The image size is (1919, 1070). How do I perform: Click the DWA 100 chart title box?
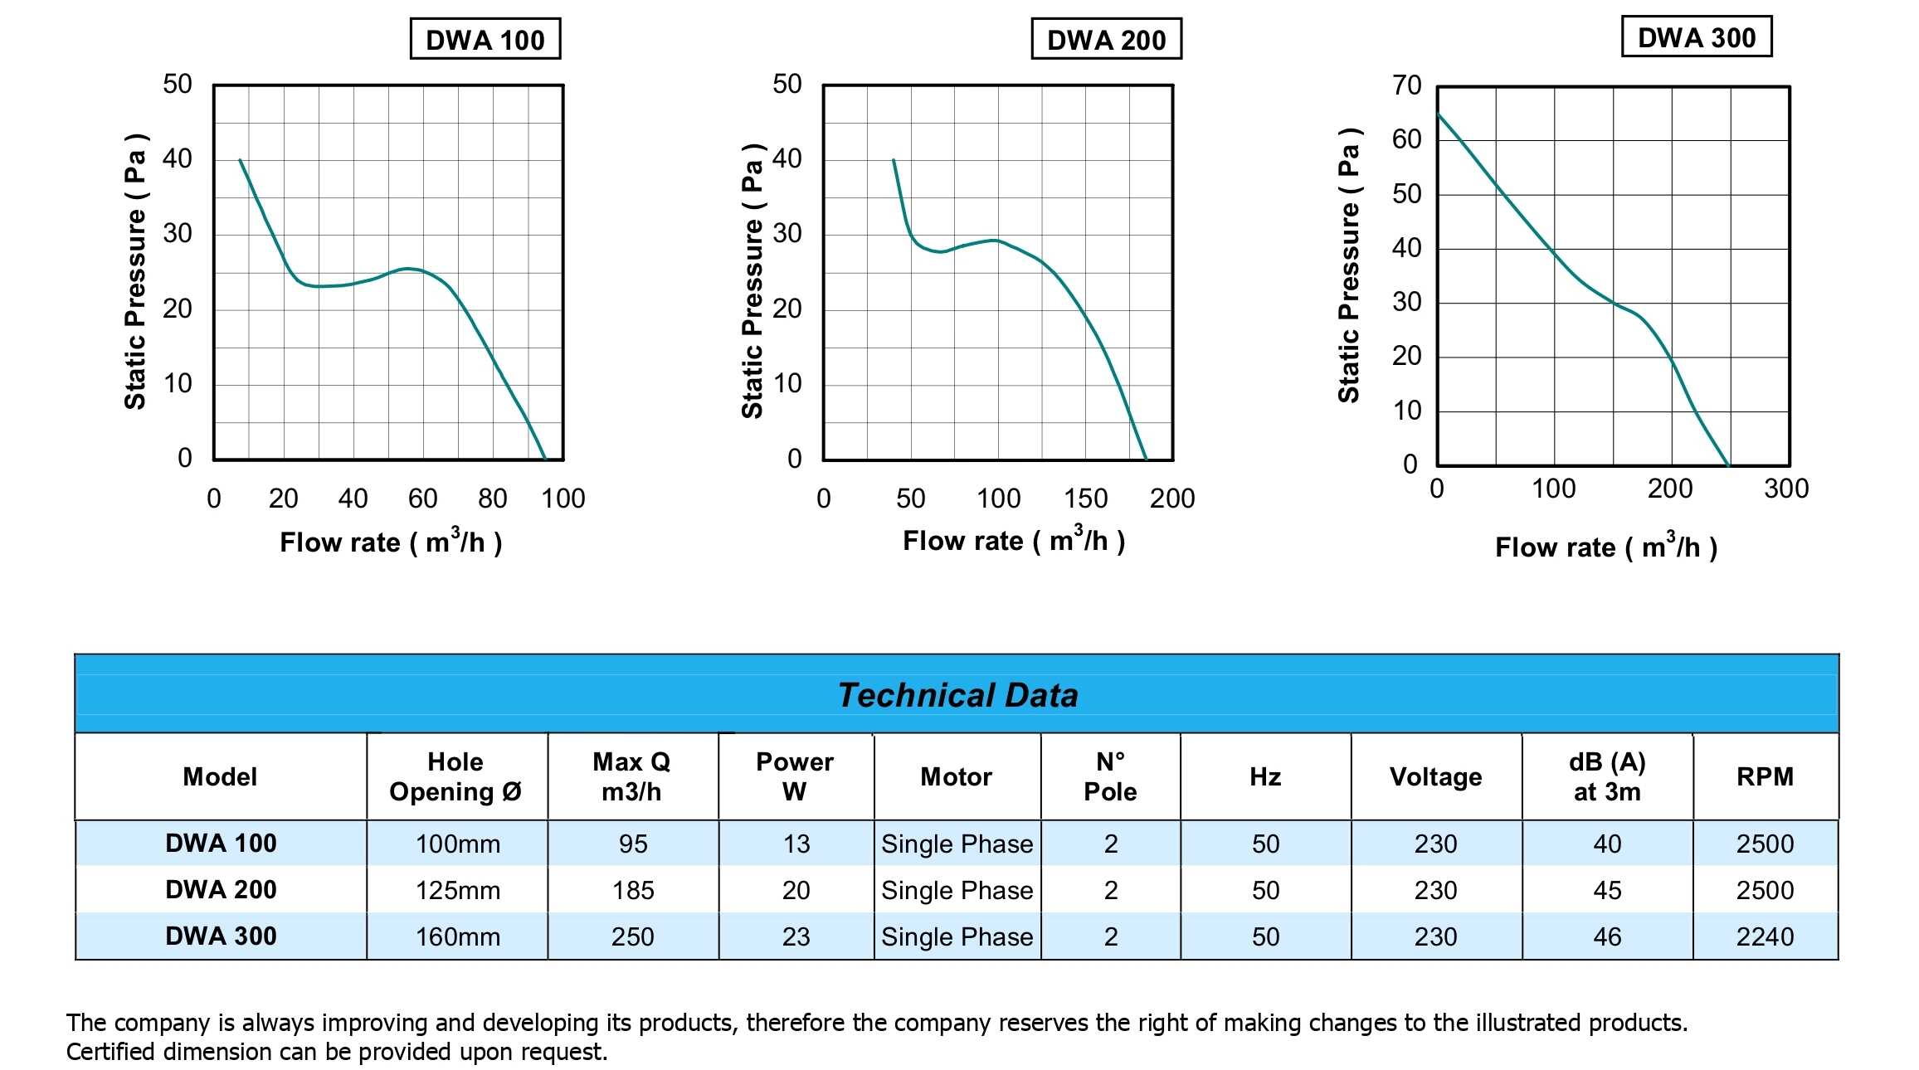coord(485,40)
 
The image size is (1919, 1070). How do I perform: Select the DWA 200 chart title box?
coord(1106,40)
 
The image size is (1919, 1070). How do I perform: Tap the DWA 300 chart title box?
coord(1697,37)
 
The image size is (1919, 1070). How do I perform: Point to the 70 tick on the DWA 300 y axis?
coord(1407,85)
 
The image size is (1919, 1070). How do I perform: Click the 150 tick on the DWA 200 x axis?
coord(1085,499)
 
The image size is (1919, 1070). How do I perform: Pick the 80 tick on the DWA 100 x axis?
coord(493,499)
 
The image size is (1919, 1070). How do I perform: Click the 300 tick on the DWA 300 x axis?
coord(1786,489)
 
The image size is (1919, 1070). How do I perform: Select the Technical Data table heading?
coord(957,695)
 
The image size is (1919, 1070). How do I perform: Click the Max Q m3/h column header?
coord(632,776)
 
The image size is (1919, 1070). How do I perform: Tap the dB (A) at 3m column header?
coord(1607,776)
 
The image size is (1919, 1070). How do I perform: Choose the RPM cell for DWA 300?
coord(1765,936)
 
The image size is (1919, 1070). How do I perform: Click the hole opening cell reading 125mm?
coord(458,890)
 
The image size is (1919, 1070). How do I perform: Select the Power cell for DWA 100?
coord(796,844)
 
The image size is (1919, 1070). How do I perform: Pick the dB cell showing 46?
coord(1607,936)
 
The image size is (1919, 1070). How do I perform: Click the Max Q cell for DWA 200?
coord(633,890)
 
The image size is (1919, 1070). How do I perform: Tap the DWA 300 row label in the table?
coord(221,936)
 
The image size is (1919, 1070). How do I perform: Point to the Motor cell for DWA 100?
coord(957,844)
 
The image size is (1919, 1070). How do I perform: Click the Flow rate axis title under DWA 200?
coord(1014,541)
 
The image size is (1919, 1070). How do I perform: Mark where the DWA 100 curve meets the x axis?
coord(545,459)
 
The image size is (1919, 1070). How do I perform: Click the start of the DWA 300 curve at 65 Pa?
coord(1439,114)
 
